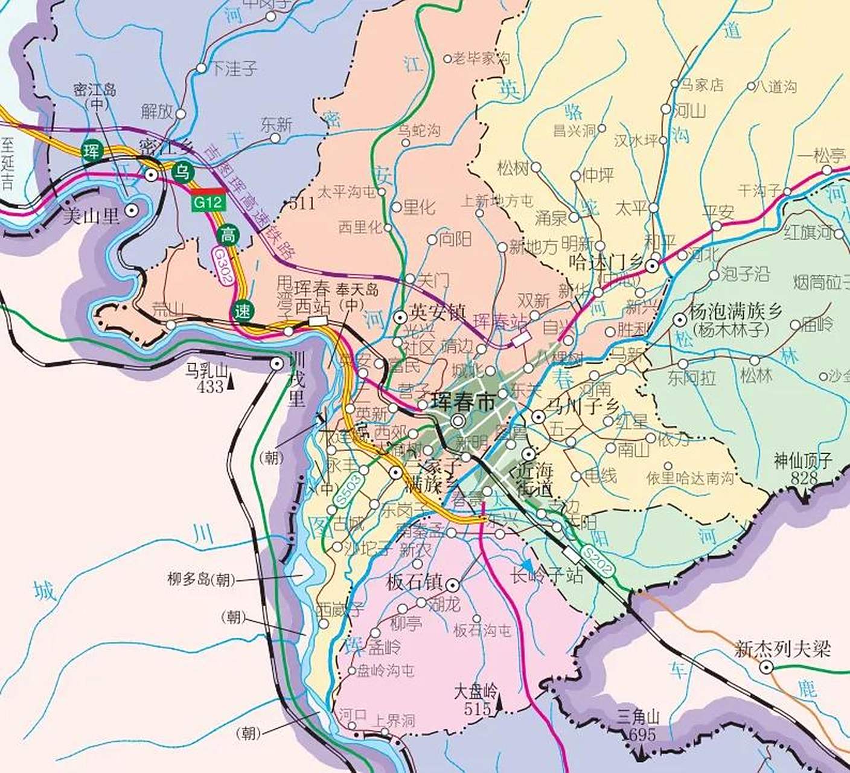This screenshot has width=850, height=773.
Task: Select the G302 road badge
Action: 222,266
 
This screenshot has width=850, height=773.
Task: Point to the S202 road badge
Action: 598,561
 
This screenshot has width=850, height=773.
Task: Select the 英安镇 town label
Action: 438,312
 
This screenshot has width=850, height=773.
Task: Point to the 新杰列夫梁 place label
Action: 782,649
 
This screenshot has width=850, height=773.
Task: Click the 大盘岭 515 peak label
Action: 476,699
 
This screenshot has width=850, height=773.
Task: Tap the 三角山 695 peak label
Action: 639,725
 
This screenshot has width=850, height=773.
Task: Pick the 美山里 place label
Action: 91,215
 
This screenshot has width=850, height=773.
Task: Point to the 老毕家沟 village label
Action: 481,58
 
